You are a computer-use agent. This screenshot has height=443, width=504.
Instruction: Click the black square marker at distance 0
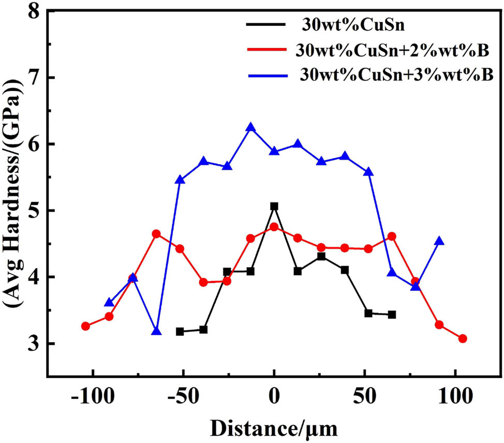(x=274, y=206)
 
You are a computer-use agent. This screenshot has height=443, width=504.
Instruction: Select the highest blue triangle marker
(x=251, y=127)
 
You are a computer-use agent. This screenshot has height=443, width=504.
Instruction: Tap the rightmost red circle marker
(x=463, y=338)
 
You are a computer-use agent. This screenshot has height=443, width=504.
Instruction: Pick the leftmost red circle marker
(x=86, y=326)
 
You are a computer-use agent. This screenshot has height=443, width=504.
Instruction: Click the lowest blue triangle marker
(x=156, y=331)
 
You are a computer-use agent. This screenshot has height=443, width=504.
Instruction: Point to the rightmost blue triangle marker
(x=439, y=241)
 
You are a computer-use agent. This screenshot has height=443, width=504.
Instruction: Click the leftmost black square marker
(x=180, y=331)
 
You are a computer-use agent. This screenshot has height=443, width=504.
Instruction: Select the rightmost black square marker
(x=392, y=315)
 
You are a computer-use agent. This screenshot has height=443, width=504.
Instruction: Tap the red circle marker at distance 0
(x=274, y=227)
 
